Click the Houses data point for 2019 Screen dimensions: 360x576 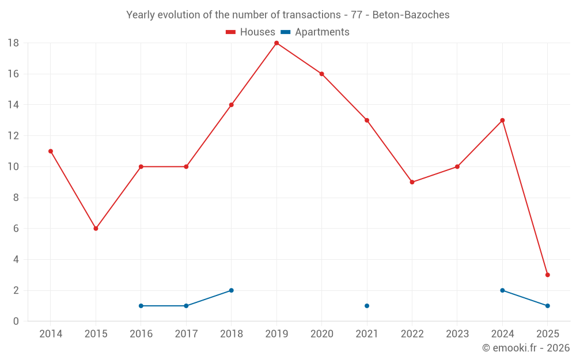(x=276, y=43)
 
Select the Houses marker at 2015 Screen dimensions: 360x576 (x=96, y=229)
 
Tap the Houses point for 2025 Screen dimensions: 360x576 (x=547, y=275)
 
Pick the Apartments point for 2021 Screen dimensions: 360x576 (x=367, y=306)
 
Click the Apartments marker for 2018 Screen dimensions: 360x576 (x=232, y=290)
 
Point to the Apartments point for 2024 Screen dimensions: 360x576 (x=502, y=290)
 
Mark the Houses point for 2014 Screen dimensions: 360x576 (x=51, y=151)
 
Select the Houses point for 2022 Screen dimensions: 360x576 (x=412, y=182)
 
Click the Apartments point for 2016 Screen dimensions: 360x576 (x=141, y=306)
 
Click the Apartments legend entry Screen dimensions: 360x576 (x=321, y=32)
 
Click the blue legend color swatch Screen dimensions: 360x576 (x=285, y=32)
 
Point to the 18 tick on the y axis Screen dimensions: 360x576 (x=13, y=43)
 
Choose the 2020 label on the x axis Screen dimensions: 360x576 (x=321, y=334)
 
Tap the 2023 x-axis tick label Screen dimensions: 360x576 (x=457, y=334)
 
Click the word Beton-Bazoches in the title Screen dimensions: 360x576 (x=411, y=14)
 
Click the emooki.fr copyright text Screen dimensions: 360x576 (x=526, y=348)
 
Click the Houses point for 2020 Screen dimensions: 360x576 (x=321, y=74)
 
